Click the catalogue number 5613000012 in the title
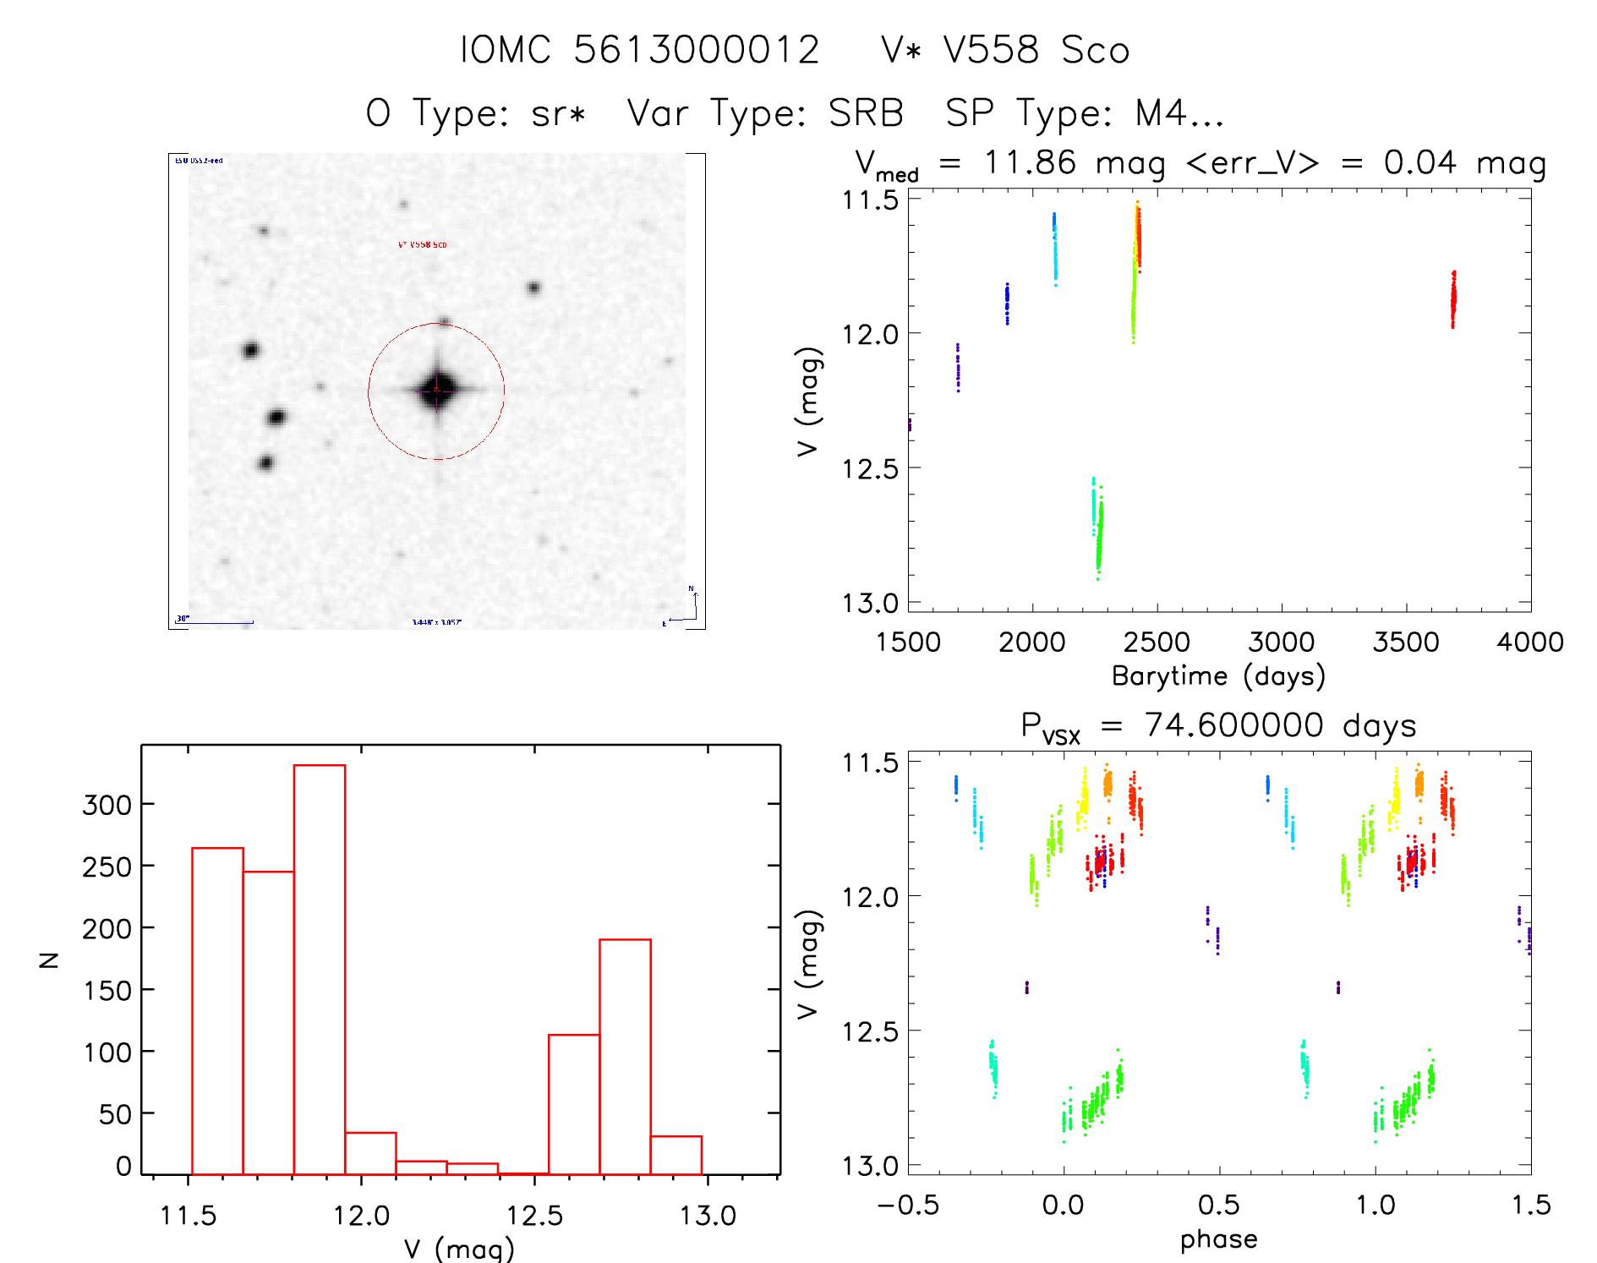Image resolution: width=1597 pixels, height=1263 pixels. pyautogui.click(x=697, y=50)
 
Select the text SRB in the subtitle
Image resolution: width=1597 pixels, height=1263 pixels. pyautogui.click(x=866, y=113)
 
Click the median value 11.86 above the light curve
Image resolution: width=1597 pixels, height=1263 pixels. pyautogui.click(x=1030, y=162)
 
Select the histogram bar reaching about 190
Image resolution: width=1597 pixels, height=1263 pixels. pyautogui.click(x=625, y=1056)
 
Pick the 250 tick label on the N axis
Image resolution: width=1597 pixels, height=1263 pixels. pyautogui.click(x=107, y=867)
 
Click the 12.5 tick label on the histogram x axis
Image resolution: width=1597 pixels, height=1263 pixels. pyautogui.click(x=534, y=1216)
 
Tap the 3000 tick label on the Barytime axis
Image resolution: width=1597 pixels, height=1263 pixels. pyautogui.click(x=1281, y=642)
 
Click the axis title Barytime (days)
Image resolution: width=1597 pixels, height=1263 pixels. pyautogui.click(x=1218, y=676)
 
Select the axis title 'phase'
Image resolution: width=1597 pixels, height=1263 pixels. pyautogui.click(x=1218, y=1239)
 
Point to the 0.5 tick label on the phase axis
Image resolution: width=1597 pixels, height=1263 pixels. pyautogui.click(x=1218, y=1205)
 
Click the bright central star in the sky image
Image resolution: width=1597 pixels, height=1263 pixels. pyautogui.click(x=436, y=390)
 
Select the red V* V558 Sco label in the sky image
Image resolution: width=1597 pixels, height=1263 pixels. pyautogui.click(x=422, y=245)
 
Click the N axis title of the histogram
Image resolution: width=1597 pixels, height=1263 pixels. pyautogui.click(x=50, y=960)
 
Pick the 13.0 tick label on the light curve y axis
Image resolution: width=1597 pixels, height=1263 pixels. pyautogui.click(x=870, y=604)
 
